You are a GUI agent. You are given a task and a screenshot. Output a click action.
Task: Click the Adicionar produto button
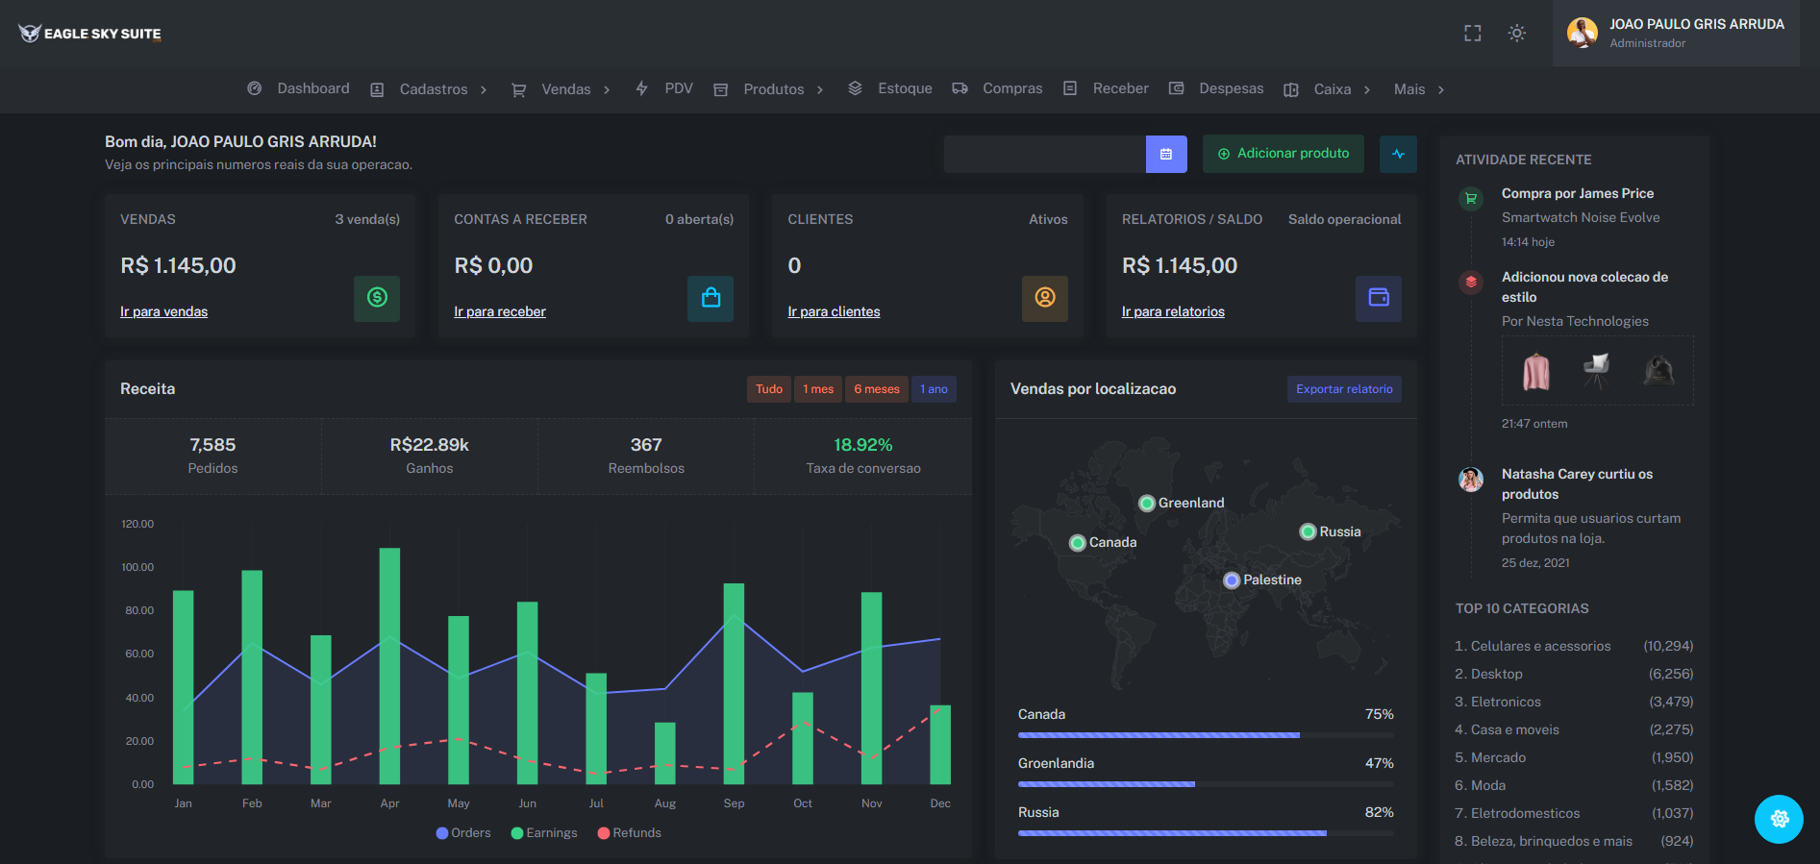coord(1283,154)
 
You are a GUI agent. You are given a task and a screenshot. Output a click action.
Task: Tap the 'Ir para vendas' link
coord(163,311)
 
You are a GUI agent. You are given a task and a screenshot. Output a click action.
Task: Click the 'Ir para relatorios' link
coord(1173,311)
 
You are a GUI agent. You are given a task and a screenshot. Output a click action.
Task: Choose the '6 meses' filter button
coord(877,389)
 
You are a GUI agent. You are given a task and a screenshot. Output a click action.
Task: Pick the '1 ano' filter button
coord(934,389)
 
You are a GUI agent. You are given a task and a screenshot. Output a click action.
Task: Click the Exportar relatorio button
coord(1344,389)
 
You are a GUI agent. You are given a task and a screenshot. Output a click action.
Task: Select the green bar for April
coord(389,666)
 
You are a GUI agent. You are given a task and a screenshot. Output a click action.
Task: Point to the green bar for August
coord(665,753)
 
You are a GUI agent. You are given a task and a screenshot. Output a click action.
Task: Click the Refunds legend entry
coord(630,833)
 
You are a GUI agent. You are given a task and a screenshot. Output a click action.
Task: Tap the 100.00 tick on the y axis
coord(137,567)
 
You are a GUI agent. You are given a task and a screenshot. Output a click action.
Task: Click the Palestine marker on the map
coord(1232,580)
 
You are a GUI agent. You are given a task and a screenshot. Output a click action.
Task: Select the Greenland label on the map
coord(1191,503)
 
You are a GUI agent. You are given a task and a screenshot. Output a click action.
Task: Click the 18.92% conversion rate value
coord(863,445)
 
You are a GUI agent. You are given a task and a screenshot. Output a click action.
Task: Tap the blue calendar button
coord(1166,154)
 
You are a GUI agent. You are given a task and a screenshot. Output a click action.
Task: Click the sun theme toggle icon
coord(1517,33)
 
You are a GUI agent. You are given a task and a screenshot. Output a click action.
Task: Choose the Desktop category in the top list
coord(1497,674)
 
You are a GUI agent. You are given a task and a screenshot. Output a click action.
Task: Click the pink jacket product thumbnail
coord(1536,371)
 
